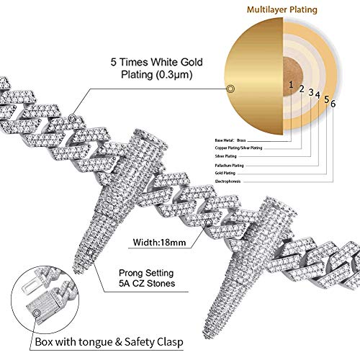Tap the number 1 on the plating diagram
click(291, 84)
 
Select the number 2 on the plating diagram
click(302, 88)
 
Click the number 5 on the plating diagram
click(326, 99)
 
